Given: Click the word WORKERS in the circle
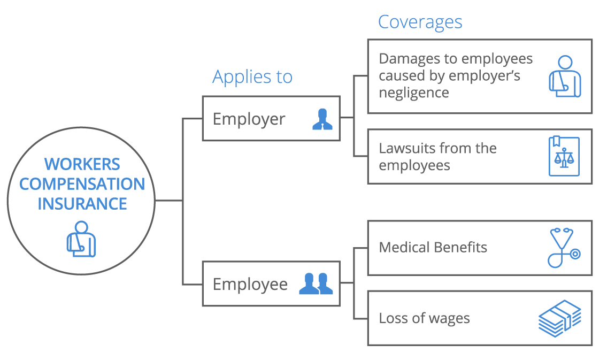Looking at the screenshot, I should (x=82, y=164).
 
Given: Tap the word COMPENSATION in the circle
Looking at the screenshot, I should (x=82, y=184).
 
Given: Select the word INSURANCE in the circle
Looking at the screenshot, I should (x=82, y=204).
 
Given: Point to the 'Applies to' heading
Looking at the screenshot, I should (x=252, y=77).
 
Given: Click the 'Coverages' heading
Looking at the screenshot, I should (x=420, y=22).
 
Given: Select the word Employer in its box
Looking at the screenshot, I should (x=249, y=119).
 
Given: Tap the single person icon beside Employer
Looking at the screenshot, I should (x=322, y=119).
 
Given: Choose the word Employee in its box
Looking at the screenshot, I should (x=250, y=284).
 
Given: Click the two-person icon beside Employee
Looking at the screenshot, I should (x=316, y=284).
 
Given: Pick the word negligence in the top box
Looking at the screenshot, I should (x=413, y=93).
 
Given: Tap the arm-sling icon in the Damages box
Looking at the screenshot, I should (x=565, y=76).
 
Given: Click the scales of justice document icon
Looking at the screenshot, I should (x=564, y=156).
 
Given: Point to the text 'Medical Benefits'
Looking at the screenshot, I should (x=433, y=248).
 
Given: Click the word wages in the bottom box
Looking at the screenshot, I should (x=452, y=319).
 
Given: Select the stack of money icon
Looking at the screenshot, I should (x=560, y=318).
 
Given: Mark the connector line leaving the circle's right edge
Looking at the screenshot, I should (x=168, y=201).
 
